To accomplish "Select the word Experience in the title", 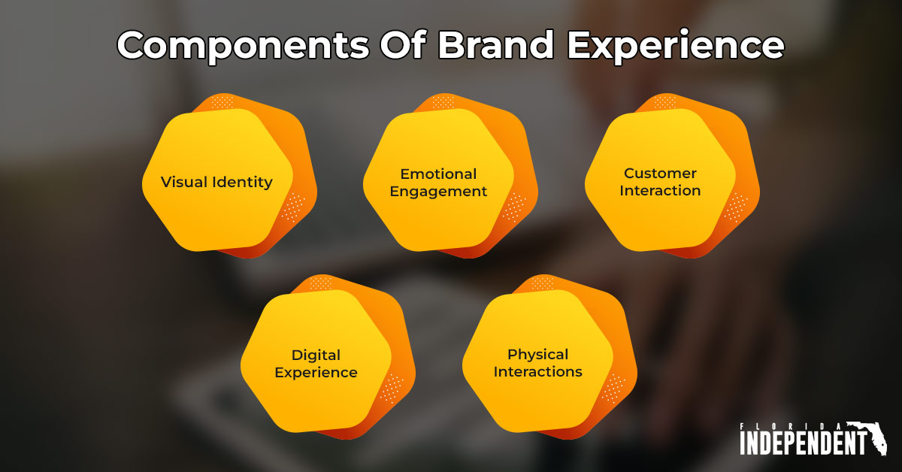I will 675,46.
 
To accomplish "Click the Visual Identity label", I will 216,182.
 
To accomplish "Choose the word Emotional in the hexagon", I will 438,174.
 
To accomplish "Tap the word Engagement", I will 438,191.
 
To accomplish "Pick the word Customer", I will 660,174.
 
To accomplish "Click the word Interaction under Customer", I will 660,190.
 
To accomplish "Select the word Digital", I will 316,355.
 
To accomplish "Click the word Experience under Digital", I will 316,372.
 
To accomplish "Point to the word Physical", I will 537,354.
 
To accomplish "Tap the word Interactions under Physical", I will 537,371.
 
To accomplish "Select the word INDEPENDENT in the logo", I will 803,443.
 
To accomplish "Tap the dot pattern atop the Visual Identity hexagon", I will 222,102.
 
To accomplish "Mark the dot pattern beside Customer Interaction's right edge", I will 736,207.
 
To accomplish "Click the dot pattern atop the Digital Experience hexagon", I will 321,283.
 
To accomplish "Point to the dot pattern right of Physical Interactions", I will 613,388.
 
